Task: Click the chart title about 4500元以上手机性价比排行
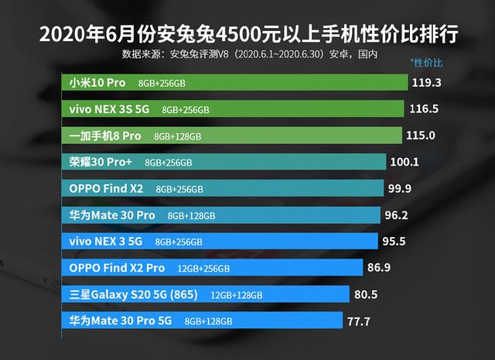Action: pos(247,34)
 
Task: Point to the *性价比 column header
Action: pos(428,62)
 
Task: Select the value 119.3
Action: pos(427,82)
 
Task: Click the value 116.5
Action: pos(423,109)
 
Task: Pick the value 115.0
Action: pos(421,135)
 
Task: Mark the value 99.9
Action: pos(401,188)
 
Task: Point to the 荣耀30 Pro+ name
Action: pos(99,162)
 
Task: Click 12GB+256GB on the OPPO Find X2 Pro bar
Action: pos(203,269)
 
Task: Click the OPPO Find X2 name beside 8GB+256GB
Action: pos(105,188)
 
